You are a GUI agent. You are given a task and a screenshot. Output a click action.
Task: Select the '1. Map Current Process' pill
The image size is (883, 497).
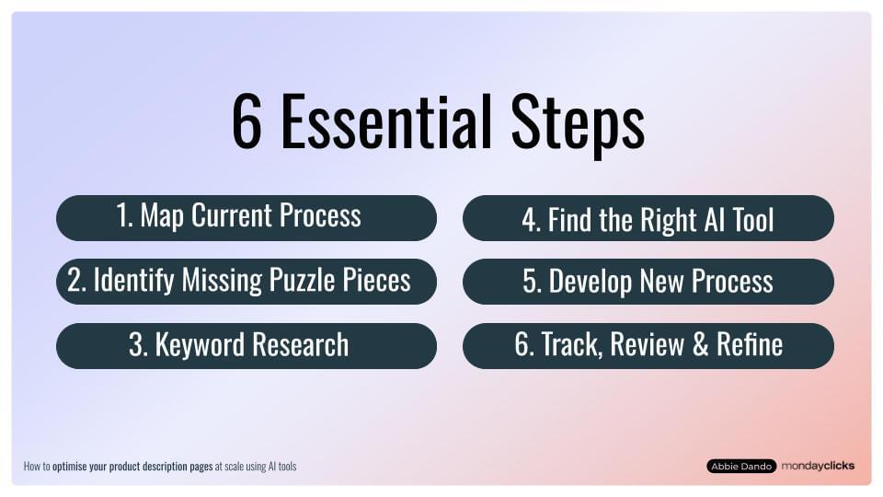click(x=246, y=217)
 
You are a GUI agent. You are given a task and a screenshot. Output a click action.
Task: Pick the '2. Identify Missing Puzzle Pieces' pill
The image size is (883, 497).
click(x=246, y=281)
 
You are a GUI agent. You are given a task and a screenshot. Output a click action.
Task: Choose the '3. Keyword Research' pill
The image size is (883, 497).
click(x=246, y=345)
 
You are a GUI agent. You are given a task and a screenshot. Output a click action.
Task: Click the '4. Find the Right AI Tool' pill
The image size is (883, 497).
click(x=648, y=219)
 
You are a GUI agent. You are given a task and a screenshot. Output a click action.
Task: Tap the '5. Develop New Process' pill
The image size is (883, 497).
click(x=648, y=281)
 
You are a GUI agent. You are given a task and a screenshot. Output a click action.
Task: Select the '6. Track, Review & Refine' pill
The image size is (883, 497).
click(x=648, y=345)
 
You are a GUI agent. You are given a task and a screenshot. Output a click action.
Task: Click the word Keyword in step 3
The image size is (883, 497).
click(x=197, y=345)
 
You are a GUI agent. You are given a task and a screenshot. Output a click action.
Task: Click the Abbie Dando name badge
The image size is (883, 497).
click(x=740, y=467)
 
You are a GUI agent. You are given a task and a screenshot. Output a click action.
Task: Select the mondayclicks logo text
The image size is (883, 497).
click(x=818, y=466)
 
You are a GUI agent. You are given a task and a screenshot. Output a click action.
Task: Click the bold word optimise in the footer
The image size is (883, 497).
click(x=75, y=467)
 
